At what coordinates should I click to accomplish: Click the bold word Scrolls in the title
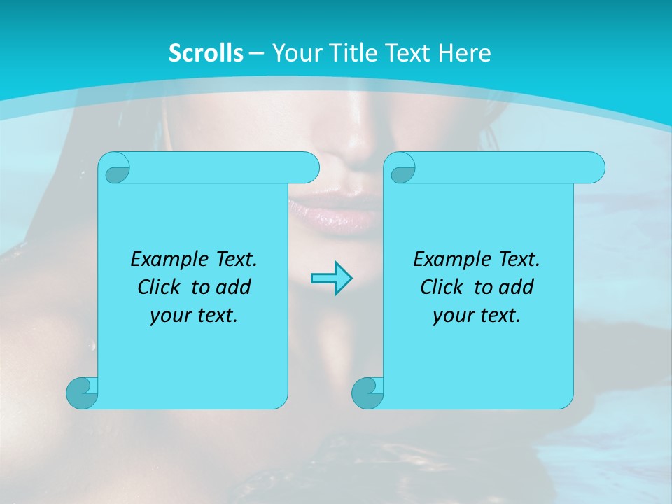point(206,53)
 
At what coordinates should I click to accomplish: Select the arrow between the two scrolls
point(331,279)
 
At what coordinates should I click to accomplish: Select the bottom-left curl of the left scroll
point(82,393)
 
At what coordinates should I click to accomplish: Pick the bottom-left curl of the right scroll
point(367,393)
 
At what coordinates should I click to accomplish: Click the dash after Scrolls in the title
point(256,53)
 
